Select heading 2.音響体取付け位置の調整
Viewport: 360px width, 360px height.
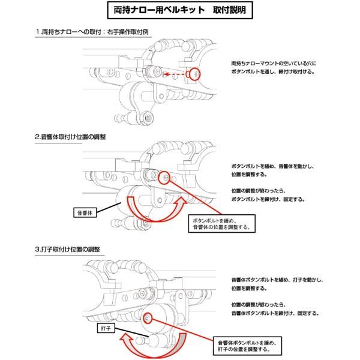pyautogui.click(x=70, y=137)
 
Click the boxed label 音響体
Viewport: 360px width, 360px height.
pyautogui.click(x=83, y=212)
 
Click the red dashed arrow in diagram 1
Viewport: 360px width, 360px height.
pyautogui.click(x=178, y=75)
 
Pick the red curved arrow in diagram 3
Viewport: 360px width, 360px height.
pyautogui.click(x=150, y=347)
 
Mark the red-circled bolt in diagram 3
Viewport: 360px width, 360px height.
pyautogui.click(x=148, y=317)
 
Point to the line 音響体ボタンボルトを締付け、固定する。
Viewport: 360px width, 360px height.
pyautogui.click(x=275, y=313)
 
